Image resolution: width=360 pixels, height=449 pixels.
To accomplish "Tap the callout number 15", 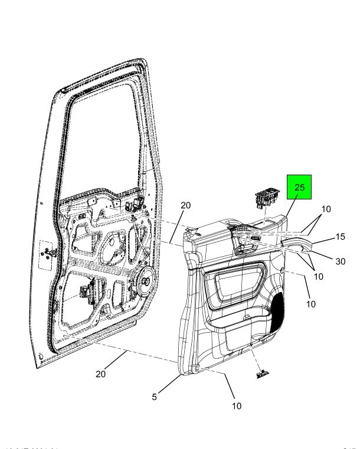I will pyautogui.click(x=339, y=237).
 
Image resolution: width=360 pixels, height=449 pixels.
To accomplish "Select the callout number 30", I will pyautogui.click(x=339, y=261).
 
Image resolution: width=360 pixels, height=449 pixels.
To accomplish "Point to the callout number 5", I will pyautogui.click(x=155, y=397).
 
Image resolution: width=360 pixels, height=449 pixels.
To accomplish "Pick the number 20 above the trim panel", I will pyautogui.click(x=186, y=205).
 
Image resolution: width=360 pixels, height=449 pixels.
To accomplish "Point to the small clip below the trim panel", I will pyautogui.click(x=262, y=373).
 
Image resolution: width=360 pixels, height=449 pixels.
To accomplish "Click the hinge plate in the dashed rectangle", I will pyautogui.click(x=46, y=252).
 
